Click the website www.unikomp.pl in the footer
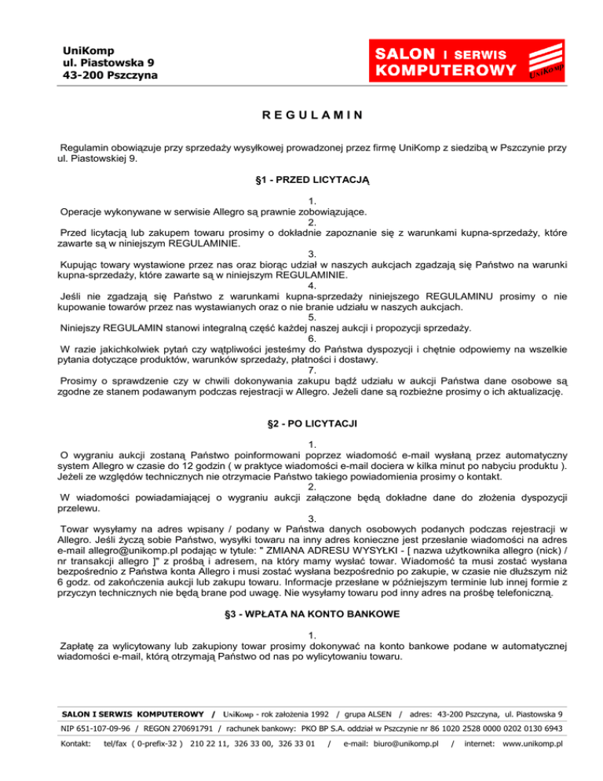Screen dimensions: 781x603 [x=524, y=764]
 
